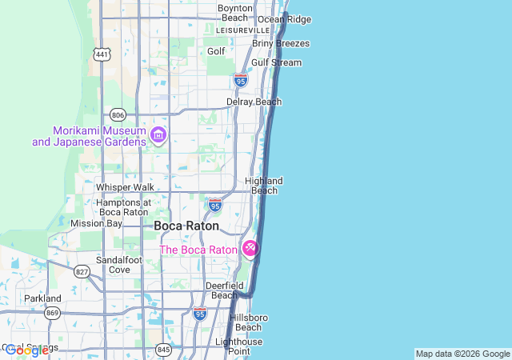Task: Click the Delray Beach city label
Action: (x=254, y=102)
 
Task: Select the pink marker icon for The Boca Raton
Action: (x=250, y=250)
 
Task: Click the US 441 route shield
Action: (x=102, y=54)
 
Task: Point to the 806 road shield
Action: (x=118, y=114)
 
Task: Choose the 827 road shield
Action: (x=82, y=272)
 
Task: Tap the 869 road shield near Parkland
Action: (x=53, y=312)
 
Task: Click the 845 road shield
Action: (x=164, y=349)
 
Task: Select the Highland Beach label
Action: (x=264, y=186)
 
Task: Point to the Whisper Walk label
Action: (x=125, y=187)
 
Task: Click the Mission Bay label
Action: (x=96, y=223)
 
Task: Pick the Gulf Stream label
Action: (x=276, y=62)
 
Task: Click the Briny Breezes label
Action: (x=281, y=43)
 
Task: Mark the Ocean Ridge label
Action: (x=284, y=19)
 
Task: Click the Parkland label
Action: (x=42, y=298)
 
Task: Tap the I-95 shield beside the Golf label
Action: (x=241, y=80)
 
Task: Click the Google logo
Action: (x=26, y=350)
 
